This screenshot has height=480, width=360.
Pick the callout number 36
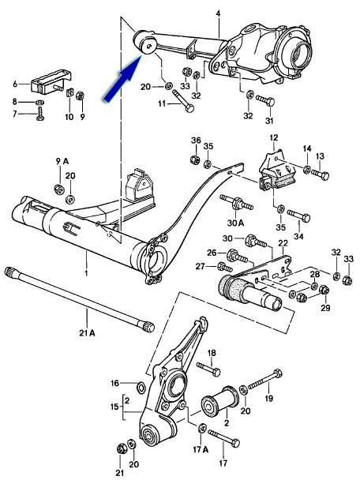click(x=196, y=140)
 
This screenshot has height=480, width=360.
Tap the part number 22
click(x=283, y=243)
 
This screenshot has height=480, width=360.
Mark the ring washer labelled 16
click(x=140, y=387)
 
